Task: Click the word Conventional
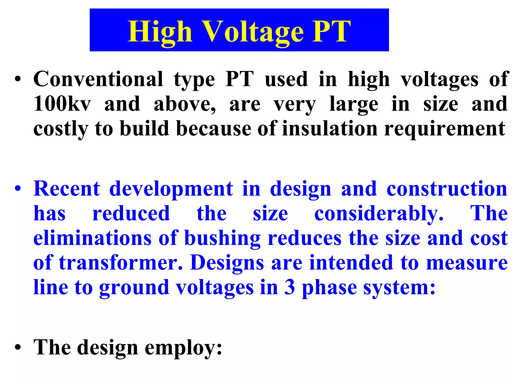98,79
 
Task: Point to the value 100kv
62,104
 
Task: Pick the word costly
61,129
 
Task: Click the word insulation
330,128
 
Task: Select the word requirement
445,129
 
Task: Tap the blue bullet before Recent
18,188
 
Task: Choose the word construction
447,188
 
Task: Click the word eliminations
92,238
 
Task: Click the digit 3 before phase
290,287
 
